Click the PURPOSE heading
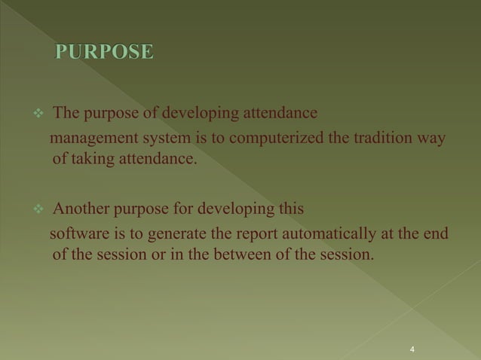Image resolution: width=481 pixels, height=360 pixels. click(x=104, y=52)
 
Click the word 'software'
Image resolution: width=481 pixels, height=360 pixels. click(x=77, y=231)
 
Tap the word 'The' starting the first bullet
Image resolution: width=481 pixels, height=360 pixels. click(x=68, y=114)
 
